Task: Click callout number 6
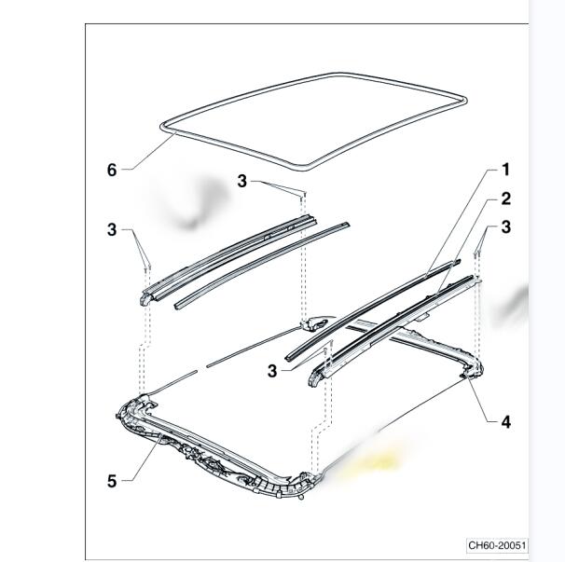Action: click(112, 170)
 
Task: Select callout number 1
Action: click(506, 170)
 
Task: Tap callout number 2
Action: click(506, 199)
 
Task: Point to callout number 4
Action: click(506, 422)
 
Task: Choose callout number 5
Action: click(112, 481)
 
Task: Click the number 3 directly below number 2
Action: click(506, 227)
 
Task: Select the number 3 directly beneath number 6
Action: click(112, 229)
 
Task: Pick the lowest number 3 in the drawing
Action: click(272, 371)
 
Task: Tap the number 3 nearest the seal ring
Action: click(242, 181)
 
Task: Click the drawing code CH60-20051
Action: click(497, 545)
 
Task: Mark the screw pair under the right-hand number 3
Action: click(477, 254)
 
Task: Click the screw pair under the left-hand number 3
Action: click(147, 268)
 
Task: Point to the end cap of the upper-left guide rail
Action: click(146, 298)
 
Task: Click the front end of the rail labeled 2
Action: click(315, 378)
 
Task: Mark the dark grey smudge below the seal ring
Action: click(199, 203)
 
